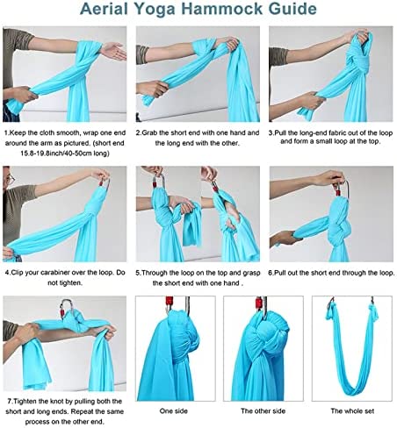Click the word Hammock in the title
tap(222, 9)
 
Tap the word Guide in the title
tap(292, 9)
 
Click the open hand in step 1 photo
tap(113, 51)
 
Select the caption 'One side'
tap(173, 410)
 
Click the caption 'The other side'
tap(263, 410)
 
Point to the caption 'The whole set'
tap(352, 410)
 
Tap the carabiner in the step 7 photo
tap(66, 309)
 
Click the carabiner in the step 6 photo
tap(343, 189)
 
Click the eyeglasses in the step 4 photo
tap(10, 180)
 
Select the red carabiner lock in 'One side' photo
tap(170, 303)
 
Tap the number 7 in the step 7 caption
tap(10, 401)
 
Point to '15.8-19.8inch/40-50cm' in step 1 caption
tap(55, 153)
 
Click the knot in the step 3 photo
tap(356, 68)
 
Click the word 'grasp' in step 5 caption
tap(252, 273)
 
